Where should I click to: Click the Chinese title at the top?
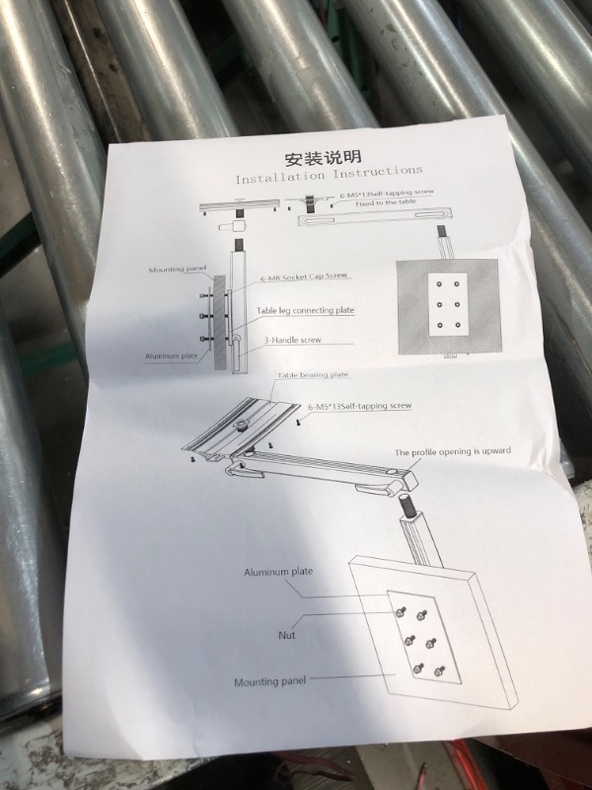click(x=324, y=157)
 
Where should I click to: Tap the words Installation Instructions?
click(x=329, y=175)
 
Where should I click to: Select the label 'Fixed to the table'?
click(x=386, y=202)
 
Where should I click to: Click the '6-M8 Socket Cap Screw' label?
click(x=304, y=277)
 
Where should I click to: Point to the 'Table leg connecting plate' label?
click(x=305, y=310)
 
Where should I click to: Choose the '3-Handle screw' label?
click(x=292, y=340)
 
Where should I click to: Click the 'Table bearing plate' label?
click(x=313, y=375)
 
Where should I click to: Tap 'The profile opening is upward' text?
click(x=453, y=451)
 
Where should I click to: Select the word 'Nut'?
click(x=287, y=635)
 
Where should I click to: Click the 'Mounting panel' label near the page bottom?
click(x=269, y=681)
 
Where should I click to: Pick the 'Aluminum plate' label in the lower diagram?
click(x=278, y=572)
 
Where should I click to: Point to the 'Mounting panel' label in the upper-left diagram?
click(x=178, y=270)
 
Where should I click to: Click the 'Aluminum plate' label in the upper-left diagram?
click(x=171, y=356)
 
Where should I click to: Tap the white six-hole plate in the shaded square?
click(x=448, y=305)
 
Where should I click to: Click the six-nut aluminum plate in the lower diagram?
click(x=424, y=637)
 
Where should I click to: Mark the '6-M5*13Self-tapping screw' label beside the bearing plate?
click(x=359, y=406)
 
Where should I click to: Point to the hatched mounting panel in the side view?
click(x=220, y=323)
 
